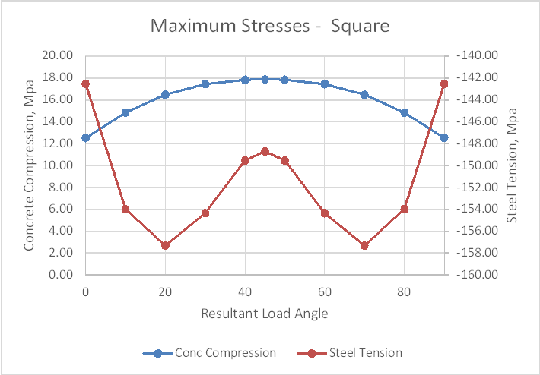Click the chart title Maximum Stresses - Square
click(270, 26)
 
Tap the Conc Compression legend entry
click(224, 353)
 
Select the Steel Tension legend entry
click(365, 353)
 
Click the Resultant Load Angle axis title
click(265, 313)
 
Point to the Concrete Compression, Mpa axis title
click(29, 165)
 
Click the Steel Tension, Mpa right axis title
click(512, 165)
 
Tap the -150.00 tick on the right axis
click(477, 165)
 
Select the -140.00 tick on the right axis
click(477, 55)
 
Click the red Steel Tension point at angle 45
click(265, 151)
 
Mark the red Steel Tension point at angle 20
click(165, 245)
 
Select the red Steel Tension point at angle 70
click(364, 245)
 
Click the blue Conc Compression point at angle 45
click(265, 79)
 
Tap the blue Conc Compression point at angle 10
click(125, 112)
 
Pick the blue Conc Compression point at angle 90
click(444, 137)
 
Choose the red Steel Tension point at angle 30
click(205, 213)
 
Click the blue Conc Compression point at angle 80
click(405, 112)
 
